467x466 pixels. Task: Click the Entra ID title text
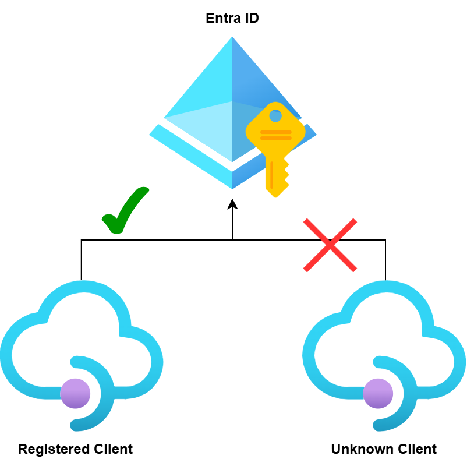232,19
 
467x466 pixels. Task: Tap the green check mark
123,211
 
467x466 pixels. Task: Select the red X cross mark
330,245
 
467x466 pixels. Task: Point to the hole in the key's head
275,115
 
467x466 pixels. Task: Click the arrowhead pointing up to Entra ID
232,203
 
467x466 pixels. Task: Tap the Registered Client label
75,449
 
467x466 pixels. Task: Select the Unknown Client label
384,449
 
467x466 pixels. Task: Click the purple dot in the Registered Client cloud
75,393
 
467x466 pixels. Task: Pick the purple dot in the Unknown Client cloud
378,393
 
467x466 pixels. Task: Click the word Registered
54,449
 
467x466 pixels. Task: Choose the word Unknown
355,449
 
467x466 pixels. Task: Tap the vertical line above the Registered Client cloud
82,260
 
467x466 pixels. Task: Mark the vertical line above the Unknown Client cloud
385,260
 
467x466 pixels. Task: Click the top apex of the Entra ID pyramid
232,38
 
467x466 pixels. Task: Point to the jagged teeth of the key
284,175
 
